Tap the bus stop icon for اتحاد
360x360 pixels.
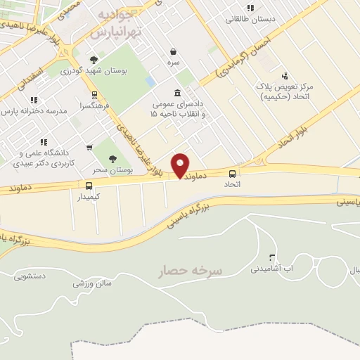tap(232, 172)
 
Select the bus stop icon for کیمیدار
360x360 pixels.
tap(89, 186)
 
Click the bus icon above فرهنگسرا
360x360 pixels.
tap(94, 94)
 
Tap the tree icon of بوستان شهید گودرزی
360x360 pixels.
tap(94, 60)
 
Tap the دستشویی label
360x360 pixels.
tap(30, 276)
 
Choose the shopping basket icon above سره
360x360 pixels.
tap(173, 51)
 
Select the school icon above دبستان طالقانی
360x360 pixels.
tap(250, 8)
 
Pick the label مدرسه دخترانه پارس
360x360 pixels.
tap(37, 111)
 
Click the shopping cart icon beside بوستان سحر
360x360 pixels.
tap(89, 148)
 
